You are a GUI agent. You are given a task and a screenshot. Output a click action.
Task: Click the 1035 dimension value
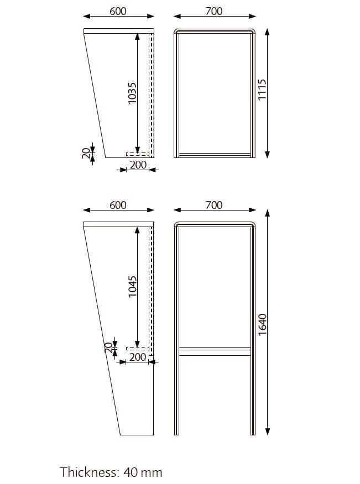pyautogui.click(x=132, y=93)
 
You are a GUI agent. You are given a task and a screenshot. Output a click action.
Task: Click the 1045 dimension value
pyautogui.click(x=132, y=287)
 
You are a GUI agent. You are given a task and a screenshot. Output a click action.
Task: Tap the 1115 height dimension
pyautogui.click(x=263, y=88)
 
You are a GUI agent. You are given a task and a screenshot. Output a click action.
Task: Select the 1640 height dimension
pyautogui.click(x=263, y=323)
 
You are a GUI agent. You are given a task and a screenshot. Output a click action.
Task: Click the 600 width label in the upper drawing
pyautogui.click(x=118, y=11)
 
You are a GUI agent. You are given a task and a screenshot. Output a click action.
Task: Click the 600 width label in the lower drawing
pyautogui.click(x=118, y=205)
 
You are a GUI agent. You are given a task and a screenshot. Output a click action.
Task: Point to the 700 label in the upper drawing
pyautogui.click(x=214, y=11)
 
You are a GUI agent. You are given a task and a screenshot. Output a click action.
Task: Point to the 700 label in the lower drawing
pyautogui.click(x=214, y=205)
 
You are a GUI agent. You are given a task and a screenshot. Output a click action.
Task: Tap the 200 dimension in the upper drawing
pyautogui.click(x=138, y=165)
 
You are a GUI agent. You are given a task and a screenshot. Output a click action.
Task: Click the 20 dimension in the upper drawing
pyautogui.click(x=86, y=154)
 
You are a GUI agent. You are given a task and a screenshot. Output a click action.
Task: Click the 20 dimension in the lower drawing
pyautogui.click(x=108, y=348)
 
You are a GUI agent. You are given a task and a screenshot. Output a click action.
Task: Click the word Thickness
pyautogui.click(x=88, y=472)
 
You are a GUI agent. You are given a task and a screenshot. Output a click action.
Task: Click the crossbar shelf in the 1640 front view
pyautogui.click(x=215, y=350)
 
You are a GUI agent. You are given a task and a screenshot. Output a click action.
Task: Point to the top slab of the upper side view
pyautogui.click(x=118, y=30)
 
